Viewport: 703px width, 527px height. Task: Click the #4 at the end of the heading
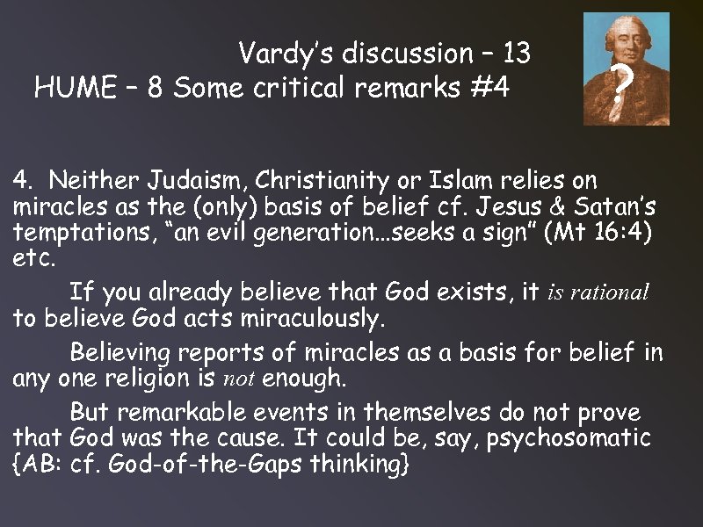point(489,88)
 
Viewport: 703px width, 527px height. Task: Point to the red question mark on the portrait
point(622,84)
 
